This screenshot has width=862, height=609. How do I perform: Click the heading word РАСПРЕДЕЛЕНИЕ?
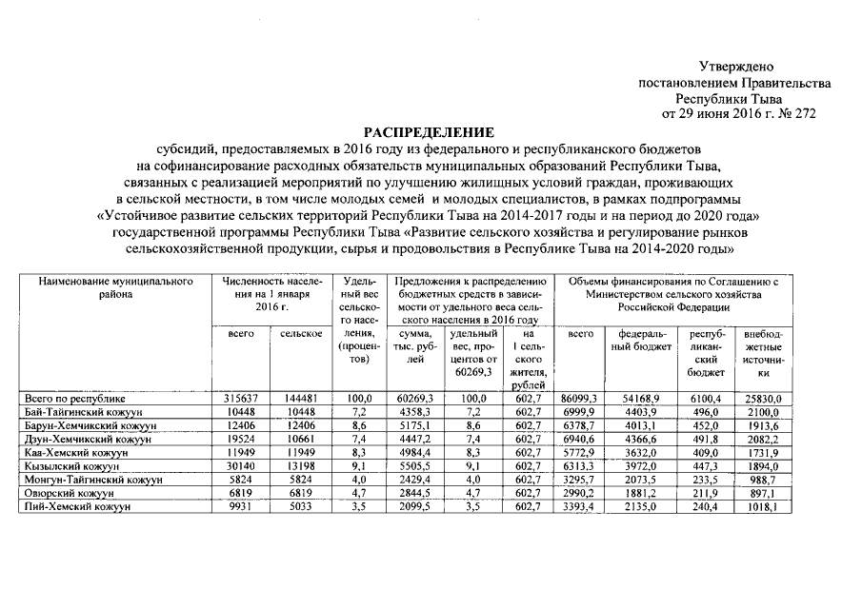431,132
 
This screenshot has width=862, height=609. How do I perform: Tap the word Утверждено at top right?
736,67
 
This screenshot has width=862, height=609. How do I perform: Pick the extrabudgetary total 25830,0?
762,397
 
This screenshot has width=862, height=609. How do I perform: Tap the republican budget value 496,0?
698,411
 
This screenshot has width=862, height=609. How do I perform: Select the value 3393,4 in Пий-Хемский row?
580,508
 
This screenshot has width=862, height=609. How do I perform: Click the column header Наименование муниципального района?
116,288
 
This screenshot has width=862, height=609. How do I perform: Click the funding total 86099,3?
580,397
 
